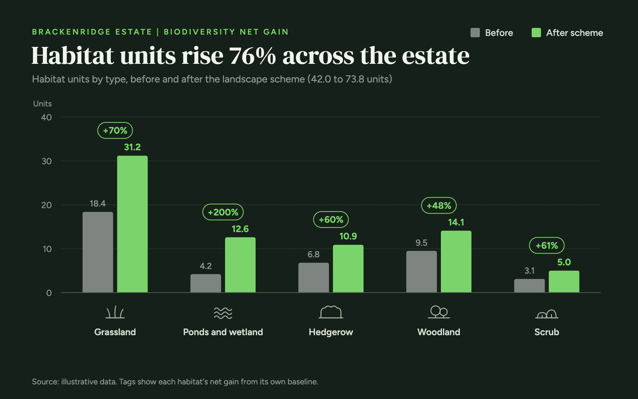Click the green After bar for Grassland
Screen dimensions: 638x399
pos(132,224)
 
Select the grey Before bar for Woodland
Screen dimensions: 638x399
pos(421,272)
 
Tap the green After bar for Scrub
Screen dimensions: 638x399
pos(564,282)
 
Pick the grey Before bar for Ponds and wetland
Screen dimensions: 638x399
pos(206,283)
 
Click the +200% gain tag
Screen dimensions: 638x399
pos(223,212)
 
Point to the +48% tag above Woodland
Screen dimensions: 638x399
pos(439,205)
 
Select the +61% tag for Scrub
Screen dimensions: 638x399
pos(547,245)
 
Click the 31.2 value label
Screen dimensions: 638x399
pos(132,147)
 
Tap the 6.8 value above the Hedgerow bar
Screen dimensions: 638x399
pos(313,254)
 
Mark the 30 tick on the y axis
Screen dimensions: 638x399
pos(47,161)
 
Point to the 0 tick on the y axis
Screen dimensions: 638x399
pos(49,293)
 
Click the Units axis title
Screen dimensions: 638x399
pos(43,104)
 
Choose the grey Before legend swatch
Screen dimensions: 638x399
pos(475,33)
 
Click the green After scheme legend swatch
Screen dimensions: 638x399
pos(536,33)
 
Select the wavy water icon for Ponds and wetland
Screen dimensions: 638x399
pos(223,313)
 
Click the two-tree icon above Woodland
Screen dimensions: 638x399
pos(439,312)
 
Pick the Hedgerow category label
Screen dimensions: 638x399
pos(331,332)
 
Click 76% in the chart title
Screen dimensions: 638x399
pos(253,56)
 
